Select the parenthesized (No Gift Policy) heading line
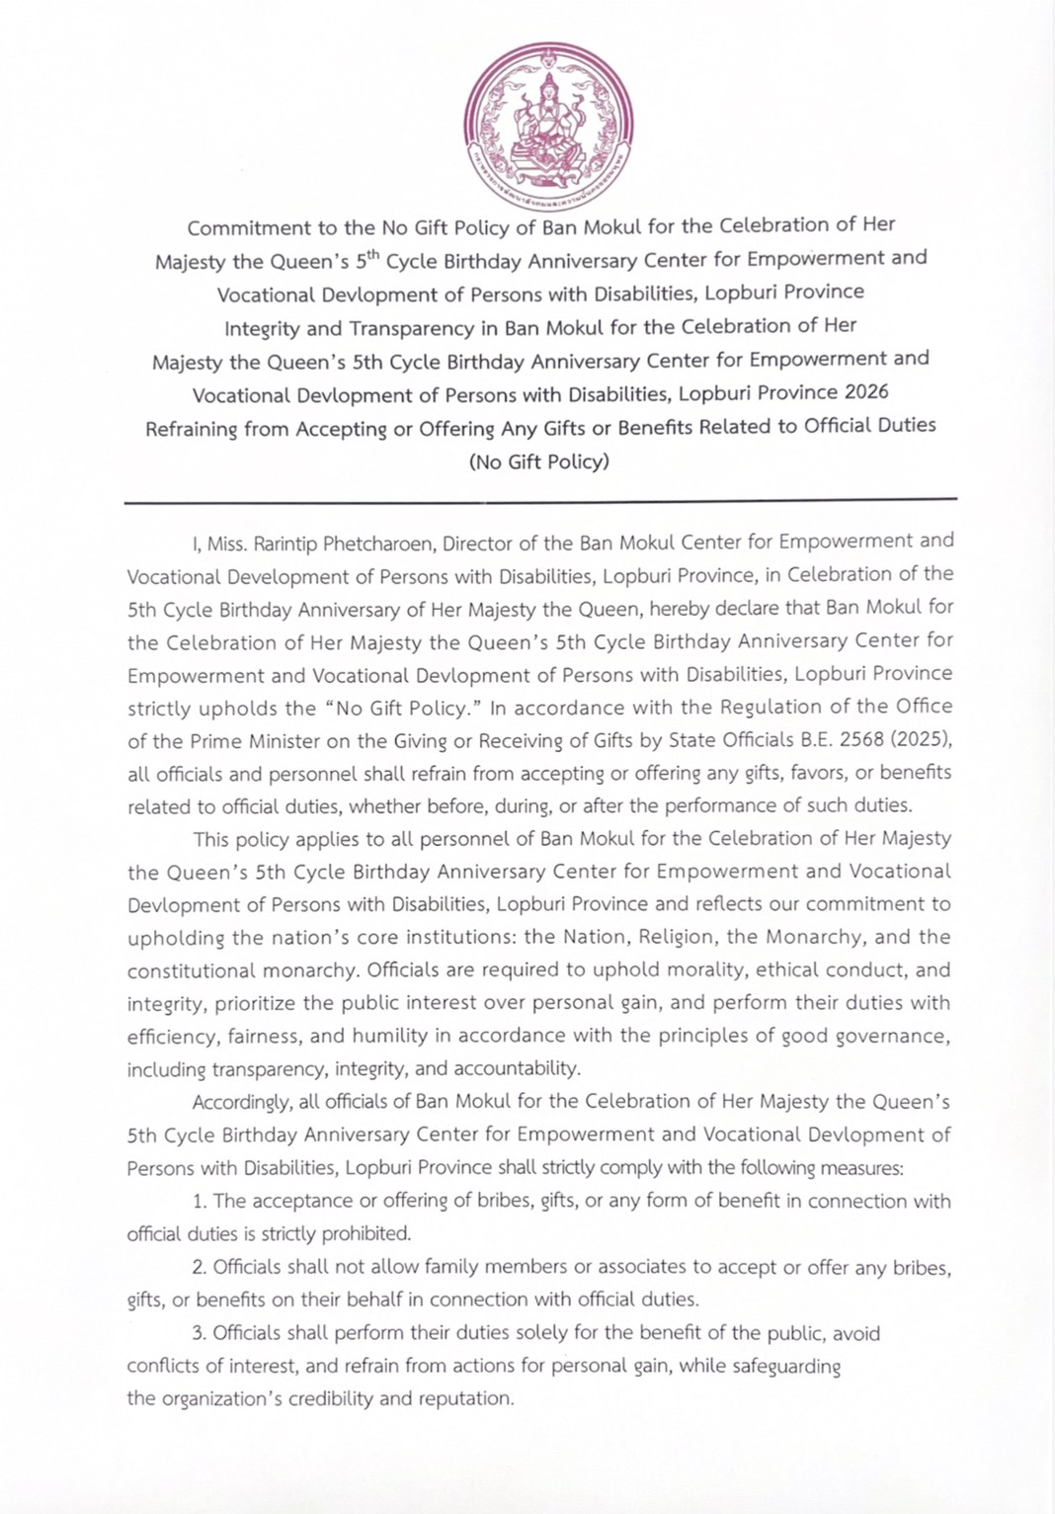click(539, 462)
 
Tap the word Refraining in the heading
click(191, 429)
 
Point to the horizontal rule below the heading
click(540, 501)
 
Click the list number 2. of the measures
click(200, 1268)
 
